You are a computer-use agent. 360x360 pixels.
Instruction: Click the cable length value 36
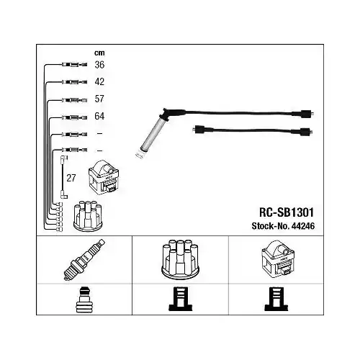pyautogui.click(x=99, y=65)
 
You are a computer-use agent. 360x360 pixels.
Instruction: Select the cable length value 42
pyautogui.click(x=99, y=81)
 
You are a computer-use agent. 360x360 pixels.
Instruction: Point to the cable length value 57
pyautogui.click(x=99, y=99)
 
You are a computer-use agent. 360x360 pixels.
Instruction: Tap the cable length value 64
pyautogui.click(x=99, y=116)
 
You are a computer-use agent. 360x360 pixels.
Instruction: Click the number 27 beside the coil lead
pyautogui.click(x=71, y=178)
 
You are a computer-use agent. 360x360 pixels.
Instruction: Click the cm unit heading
pyautogui.click(x=99, y=53)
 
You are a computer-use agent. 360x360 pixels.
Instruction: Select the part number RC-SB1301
pyautogui.click(x=287, y=212)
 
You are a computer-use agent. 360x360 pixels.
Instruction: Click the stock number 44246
pyautogui.click(x=302, y=226)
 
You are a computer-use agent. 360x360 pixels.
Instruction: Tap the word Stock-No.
pyautogui.click(x=270, y=226)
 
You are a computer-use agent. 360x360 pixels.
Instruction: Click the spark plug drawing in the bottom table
pyautogui.click(x=84, y=260)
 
